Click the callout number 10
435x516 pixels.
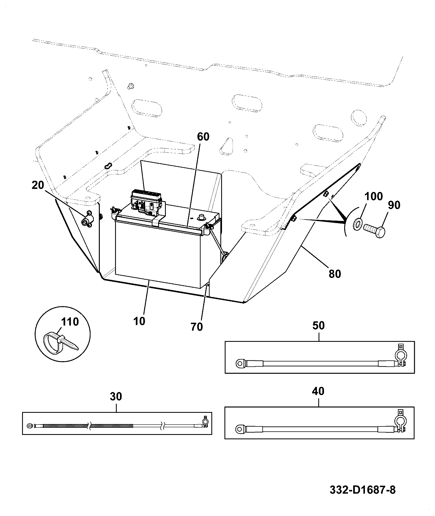pyautogui.click(x=139, y=321)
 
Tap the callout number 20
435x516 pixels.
pyautogui.click(x=38, y=185)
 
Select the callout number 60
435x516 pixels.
pyautogui.click(x=203, y=137)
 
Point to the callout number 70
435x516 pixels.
pyautogui.click(x=197, y=327)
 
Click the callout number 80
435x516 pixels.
pyautogui.click(x=335, y=274)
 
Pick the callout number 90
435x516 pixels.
pyautogui.click(x=394, y=205)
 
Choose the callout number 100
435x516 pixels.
pyautogui.click(x=374, y=196)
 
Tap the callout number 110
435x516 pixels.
pyautogui.click(x=70, y=322)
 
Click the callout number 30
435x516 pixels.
pyautogui.click(x=116, y=396)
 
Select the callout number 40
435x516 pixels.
pyautogui.click(x=318, y=391)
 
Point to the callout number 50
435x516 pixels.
pyautogui.click(x=318, y=325)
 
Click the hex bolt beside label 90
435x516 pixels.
pyautogui.click(x=374, y=231)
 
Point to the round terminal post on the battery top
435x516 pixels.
pyautogui.click(x=202, y=217)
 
